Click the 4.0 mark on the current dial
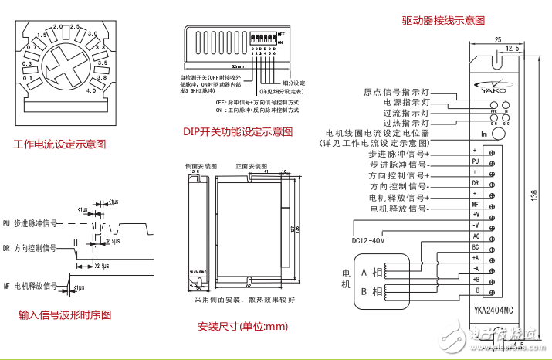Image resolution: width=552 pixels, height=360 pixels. click(x=90, y=91)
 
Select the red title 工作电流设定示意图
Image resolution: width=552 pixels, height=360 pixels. click(x=59, y=144)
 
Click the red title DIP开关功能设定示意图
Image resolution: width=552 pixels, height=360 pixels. click(x=238, y=131)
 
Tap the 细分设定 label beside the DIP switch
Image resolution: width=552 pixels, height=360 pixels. click(x=293, y=83)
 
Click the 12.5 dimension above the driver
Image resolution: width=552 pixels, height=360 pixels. click(x=511, y=48)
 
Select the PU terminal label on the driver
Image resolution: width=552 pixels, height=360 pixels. click(x=476, y=161)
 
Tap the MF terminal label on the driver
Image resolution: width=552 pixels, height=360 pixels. click(x=476, y=204)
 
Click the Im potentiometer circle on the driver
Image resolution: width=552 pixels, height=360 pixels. click(x=498, y=134)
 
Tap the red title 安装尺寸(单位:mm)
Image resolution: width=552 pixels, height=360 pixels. click(x=242, y=326)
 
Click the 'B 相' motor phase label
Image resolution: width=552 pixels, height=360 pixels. click(x=371, y=291)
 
